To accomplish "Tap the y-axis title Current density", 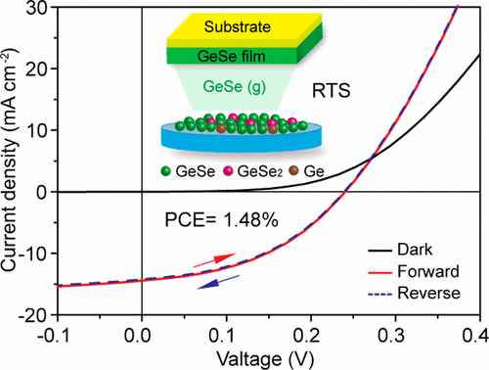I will (13, 162).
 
